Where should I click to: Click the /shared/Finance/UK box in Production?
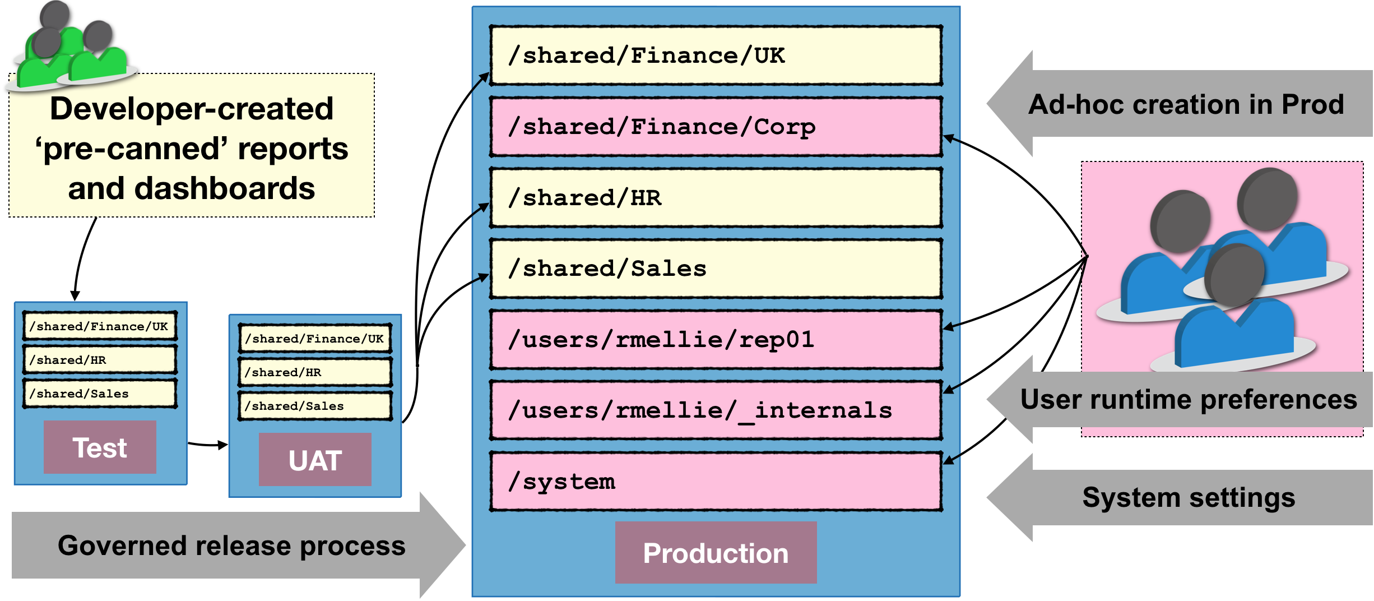(x=716, y=56)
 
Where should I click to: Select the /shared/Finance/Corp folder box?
(x=716, y=127)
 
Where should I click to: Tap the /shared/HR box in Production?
(x=716, y=198)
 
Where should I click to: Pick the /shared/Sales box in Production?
(x=716, y=269)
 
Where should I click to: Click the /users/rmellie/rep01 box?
(x=716, y=340)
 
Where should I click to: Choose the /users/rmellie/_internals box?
(x=716, y=410)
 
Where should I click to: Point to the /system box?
(x=716, y=482)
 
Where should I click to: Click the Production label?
(x=716, y=553)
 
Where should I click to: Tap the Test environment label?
(x=100, y=447)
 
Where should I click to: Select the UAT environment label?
(x=315, y=460)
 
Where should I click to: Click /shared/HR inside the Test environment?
(x=100, y=360)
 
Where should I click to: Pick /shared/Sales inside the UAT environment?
(x=315, y=406)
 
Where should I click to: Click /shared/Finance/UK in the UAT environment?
(x=315, y=339)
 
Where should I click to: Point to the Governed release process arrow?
(x=232, y=545)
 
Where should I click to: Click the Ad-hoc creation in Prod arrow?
(x=1185, y=104)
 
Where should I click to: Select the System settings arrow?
(x=1188, y=498)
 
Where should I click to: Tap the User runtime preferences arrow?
(x=1188, y=400)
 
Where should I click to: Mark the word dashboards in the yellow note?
(x=224, y=188)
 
